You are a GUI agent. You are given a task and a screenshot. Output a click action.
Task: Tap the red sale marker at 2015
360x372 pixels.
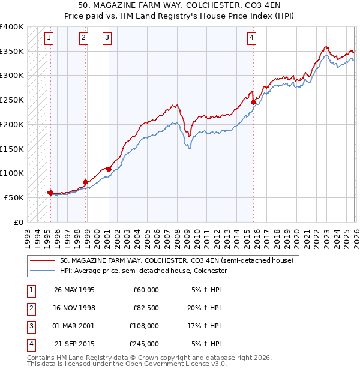point(253,103)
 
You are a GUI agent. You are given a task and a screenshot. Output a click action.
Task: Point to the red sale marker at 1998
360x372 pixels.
point(86,182)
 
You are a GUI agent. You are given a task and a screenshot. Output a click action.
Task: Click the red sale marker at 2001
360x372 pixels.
point(109,169)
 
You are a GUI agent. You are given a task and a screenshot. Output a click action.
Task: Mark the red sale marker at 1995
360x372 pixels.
point(50,193)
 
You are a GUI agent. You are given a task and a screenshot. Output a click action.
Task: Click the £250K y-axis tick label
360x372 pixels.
point(12,100)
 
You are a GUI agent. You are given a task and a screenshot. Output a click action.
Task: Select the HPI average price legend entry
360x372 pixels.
point(143,271)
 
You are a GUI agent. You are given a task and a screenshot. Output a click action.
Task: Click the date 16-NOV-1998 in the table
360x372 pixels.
point(74,308)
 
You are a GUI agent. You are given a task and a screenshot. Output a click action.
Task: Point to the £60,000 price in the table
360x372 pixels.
point(146,290)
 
